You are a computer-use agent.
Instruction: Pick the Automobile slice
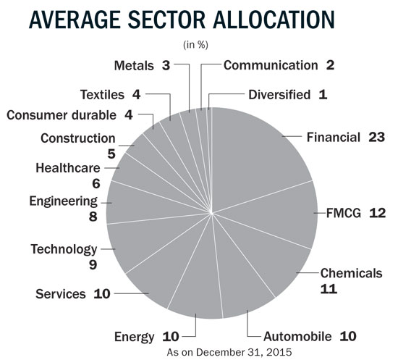(x=241, y=282)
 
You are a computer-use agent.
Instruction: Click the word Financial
(x=334, y=137)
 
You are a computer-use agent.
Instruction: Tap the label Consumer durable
(x=62, y=115)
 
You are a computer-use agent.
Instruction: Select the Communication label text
(x=271, y=65)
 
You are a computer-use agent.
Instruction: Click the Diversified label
(x=279, y=94)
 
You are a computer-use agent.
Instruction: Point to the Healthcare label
(x=68, y=168)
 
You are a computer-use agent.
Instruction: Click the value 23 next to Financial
(x=377, y=137)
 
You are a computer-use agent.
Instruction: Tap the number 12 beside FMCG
(x=377, y=213)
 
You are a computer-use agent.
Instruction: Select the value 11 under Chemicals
(x=329, y=289)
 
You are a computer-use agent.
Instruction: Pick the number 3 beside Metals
(x=166, y=65)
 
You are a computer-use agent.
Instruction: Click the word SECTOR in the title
(x=166, y=20)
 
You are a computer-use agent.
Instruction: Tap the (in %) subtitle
(x=195, y=45)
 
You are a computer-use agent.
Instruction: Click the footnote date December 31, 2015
(x=244, y=352)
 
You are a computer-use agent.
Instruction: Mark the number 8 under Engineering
(x=93, y=217)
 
